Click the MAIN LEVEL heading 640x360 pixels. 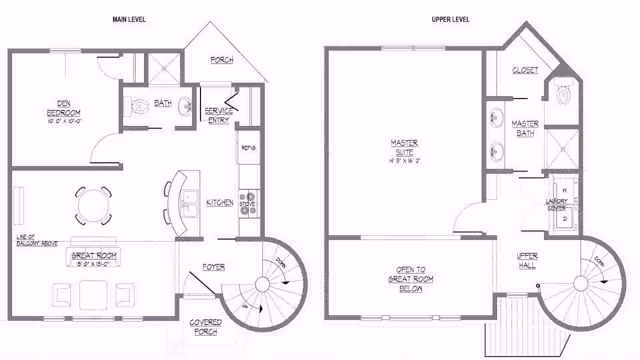click(x=129, y=19)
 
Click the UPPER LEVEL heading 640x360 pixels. click(x=450, y=19)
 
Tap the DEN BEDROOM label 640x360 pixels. click(x=63, y=109)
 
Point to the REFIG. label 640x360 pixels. click(x=249, y=148)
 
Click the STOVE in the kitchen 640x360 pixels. click(x=247, y=203)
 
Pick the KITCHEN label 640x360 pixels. click(x=220, y=202)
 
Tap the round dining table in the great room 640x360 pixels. click(x=93, y=205)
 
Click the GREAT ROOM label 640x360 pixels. click(x=93, y=255)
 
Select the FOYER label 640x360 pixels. click(x=213, y=267)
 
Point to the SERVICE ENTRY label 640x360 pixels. click(x=218, y=115)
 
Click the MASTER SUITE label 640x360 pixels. click(x=404, y=147)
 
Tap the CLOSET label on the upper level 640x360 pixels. click(x=525, y=70)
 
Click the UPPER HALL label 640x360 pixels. click(x=527, y=261)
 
